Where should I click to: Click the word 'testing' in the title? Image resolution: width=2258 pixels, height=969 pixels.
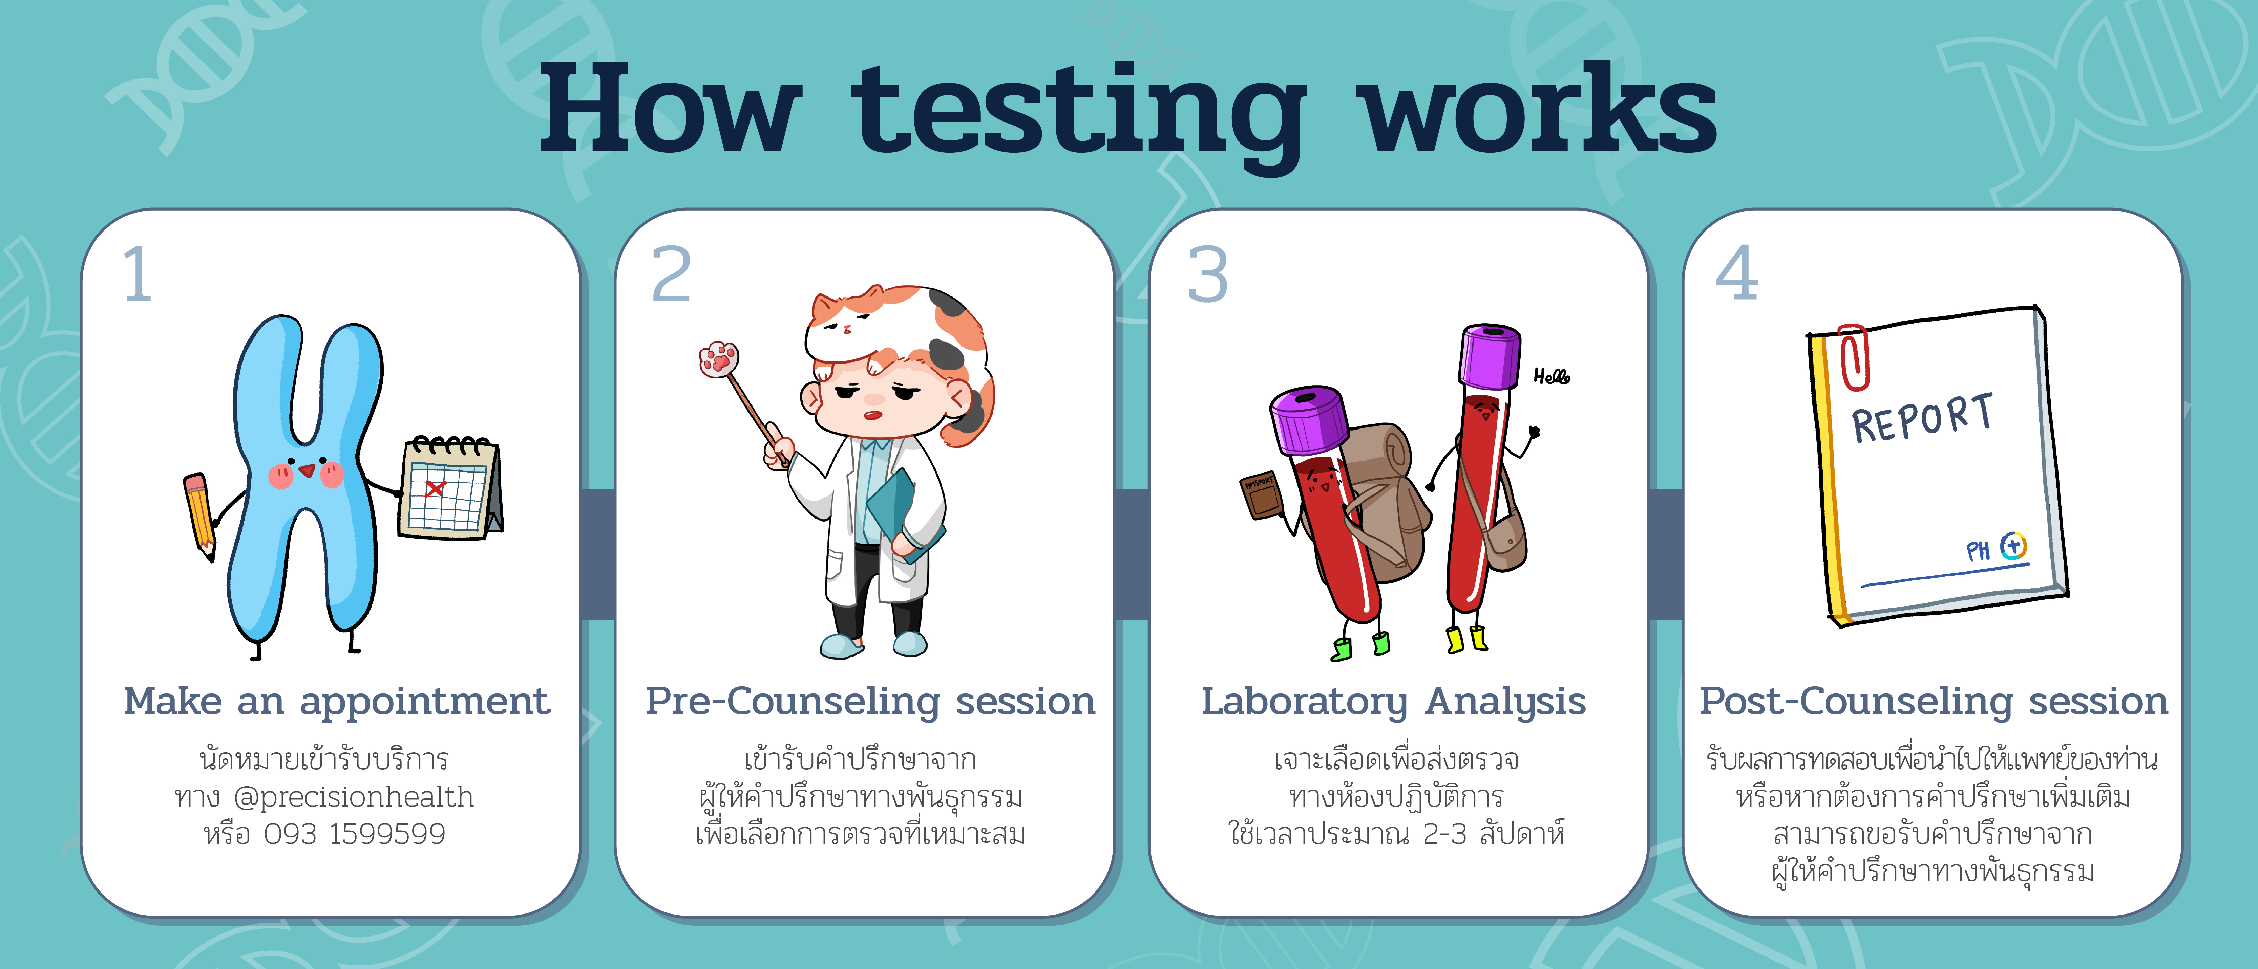tap(1078, 114)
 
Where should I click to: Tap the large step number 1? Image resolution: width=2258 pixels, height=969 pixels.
tap(138, 274)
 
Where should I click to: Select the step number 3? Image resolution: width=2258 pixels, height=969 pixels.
tap(1208, 274)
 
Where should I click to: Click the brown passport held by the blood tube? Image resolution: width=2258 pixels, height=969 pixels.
tap(1262, 495)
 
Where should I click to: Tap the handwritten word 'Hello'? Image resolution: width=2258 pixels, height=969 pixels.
tap(1552, 377)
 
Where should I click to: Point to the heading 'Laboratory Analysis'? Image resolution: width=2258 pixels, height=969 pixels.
tap(1394, 702)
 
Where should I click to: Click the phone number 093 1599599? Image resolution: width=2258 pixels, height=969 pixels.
tap(355, 834)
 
